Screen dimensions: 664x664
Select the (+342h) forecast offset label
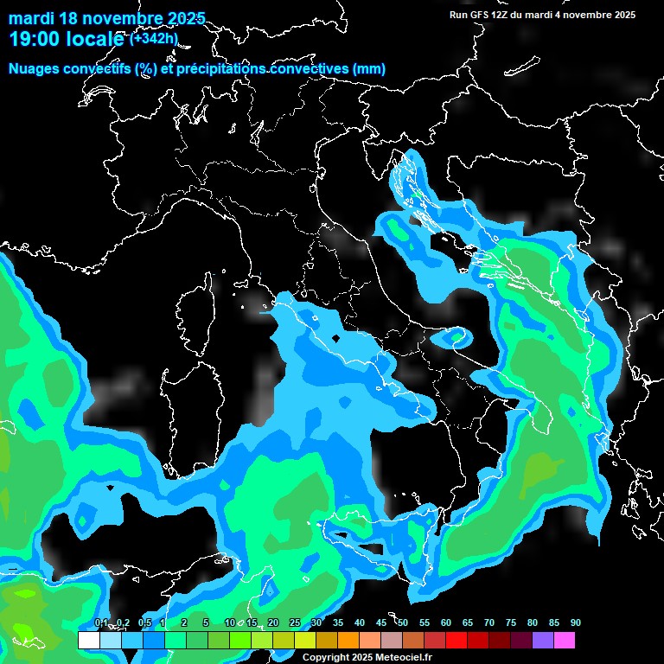[153, 38]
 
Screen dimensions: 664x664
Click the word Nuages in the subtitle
[35, 69]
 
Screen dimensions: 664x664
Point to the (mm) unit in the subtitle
[367, 69]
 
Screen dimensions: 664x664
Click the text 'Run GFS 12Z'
[481, 15]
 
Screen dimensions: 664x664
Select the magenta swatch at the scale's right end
[565, 641]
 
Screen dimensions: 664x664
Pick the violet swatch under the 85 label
[543, 641]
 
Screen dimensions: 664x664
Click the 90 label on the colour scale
[575, 623]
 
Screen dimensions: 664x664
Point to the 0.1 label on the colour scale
[101, 623]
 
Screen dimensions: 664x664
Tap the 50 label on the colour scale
[403, 623]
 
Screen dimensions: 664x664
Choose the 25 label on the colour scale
[295, 623]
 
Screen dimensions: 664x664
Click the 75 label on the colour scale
[511, 623]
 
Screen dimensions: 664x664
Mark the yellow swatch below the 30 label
[305, 641]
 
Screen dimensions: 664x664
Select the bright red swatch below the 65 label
[456, 641]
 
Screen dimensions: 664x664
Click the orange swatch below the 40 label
[348, 641]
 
